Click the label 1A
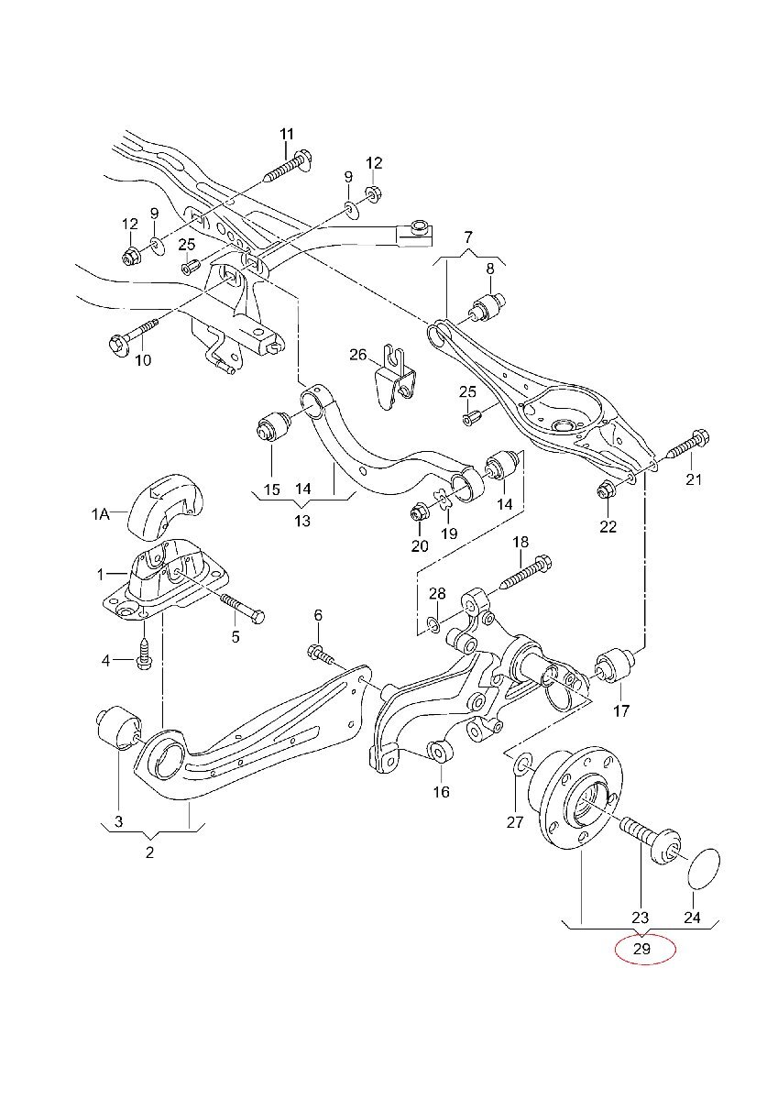tap(100, 515)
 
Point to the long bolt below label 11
tap(288, 167)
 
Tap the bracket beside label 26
tap(396, 376)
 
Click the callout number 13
tap(302, 521)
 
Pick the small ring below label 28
tap(432, 623)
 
